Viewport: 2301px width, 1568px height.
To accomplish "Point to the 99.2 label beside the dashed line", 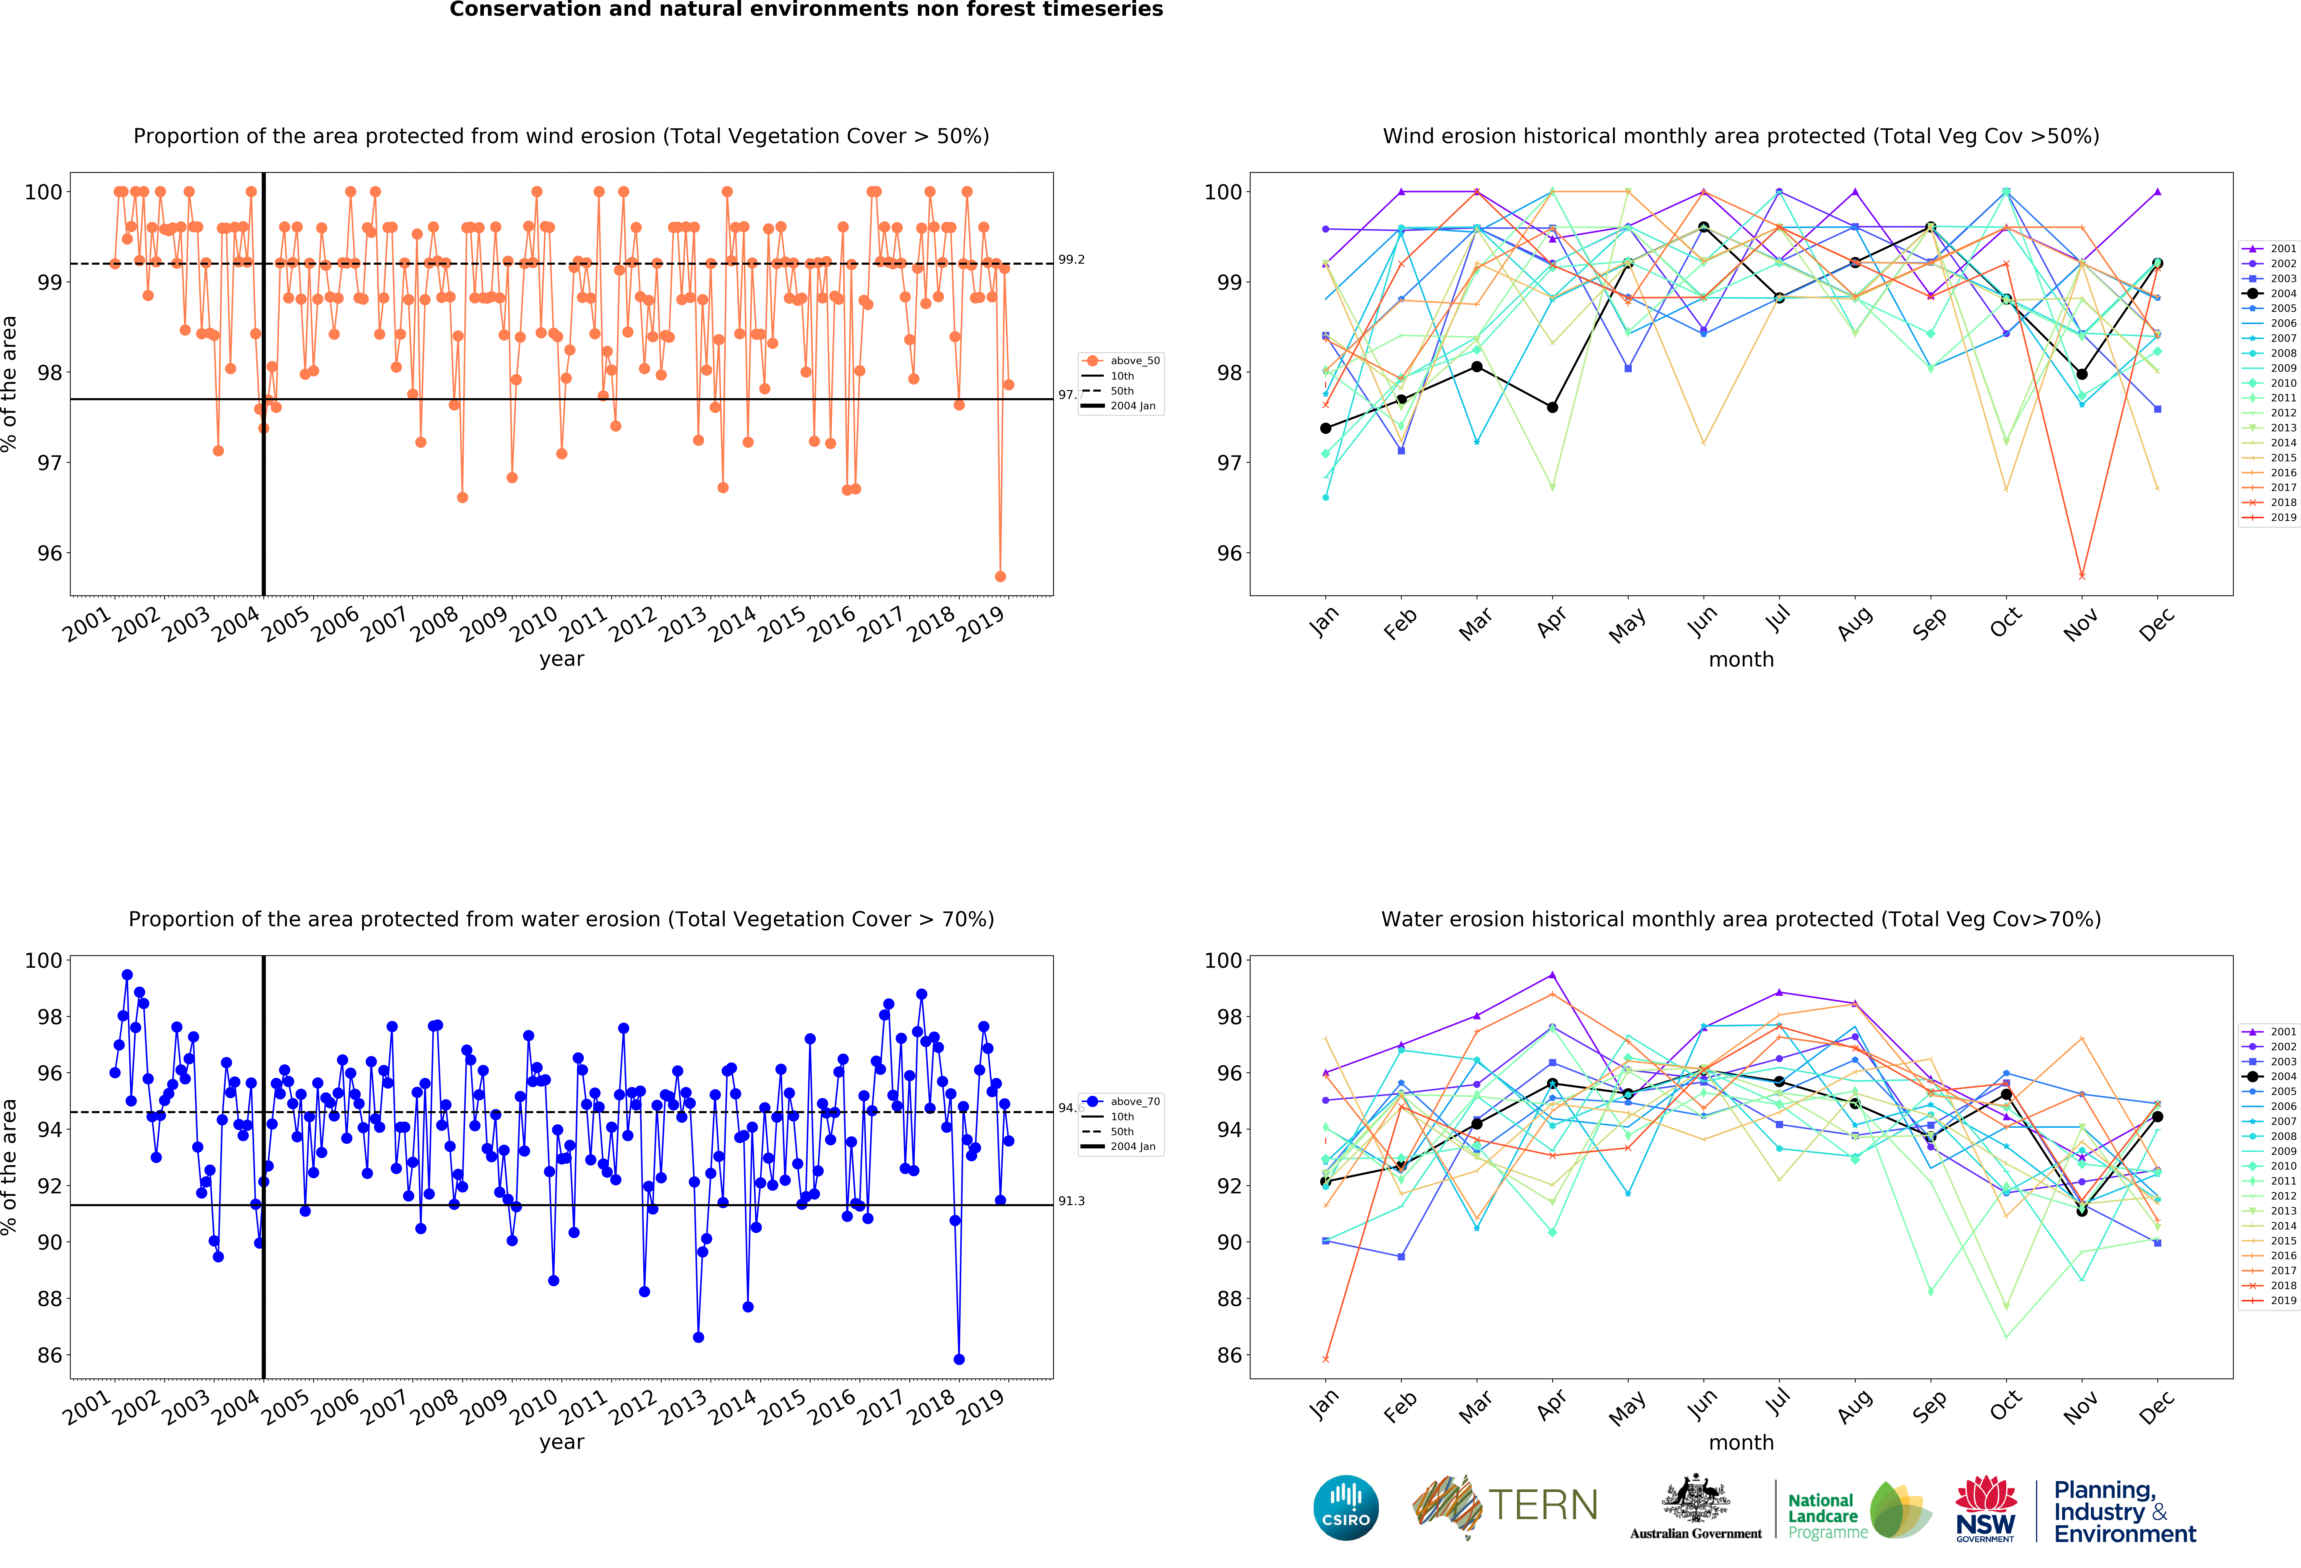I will point(1071,259).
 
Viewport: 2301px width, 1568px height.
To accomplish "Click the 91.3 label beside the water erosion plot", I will point(1071,1201).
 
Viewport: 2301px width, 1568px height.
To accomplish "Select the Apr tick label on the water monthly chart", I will point(1552,1406).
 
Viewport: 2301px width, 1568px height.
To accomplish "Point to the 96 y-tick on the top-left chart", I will point(50,553).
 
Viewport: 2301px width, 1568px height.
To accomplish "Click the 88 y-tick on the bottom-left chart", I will point(50,1299).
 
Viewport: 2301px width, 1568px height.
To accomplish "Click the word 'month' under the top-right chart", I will point(1741,659).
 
